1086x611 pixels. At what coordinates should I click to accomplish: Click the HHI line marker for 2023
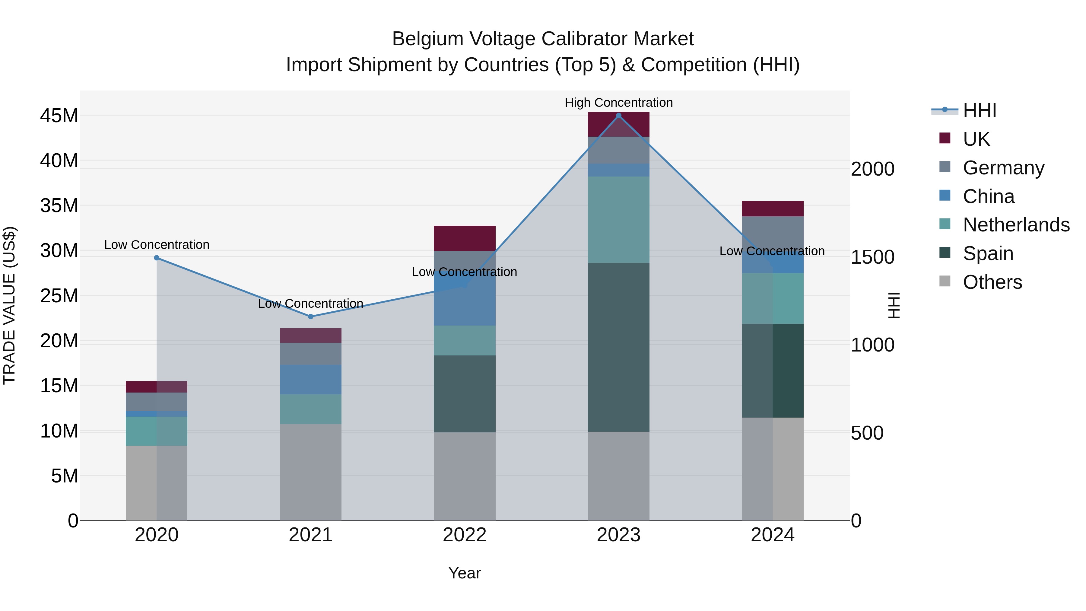pyautogui.click(x=618, y=116)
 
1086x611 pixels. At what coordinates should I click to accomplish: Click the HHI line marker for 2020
pyautogui.click(x=156, y=258)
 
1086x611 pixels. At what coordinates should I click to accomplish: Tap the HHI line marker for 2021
pyautogui.click(x=311, y=316)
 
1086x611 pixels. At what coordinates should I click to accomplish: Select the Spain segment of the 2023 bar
pyautogui.click(x=618, y=347)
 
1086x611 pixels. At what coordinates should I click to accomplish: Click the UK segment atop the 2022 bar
pyautogui.click(x=465, y=238)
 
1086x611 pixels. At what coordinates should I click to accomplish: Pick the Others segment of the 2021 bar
pyautogui.click(x=311, y=472)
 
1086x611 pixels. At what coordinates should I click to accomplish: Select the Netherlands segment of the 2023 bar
pyautogui.click(x=618, y=219)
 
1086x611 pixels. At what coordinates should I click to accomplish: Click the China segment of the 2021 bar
pyautogui.click(x=311, y=380)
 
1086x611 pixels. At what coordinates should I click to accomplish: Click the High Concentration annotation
pyautogui.click(x=618, y=103)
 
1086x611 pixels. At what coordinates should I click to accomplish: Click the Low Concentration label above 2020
pyautogui.click(x=156, y=245)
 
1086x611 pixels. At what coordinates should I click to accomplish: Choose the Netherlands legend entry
pyautogui.click(x=1016, y=225)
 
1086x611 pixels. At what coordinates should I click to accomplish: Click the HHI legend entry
pyautogui.click(x=979, y=110)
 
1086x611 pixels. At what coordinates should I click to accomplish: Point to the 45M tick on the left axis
pyautogui.click(x=59, y=116)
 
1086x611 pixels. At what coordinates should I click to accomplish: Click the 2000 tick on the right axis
pyautogui.click(x=872, y=169)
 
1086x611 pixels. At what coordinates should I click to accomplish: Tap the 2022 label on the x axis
pyautogui.click(x=465, y=535)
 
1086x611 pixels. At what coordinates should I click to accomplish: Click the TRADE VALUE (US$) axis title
pyautogui.click(x=9, y=305)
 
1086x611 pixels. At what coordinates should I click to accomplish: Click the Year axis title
pyautogui.click(x=465, y=573)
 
